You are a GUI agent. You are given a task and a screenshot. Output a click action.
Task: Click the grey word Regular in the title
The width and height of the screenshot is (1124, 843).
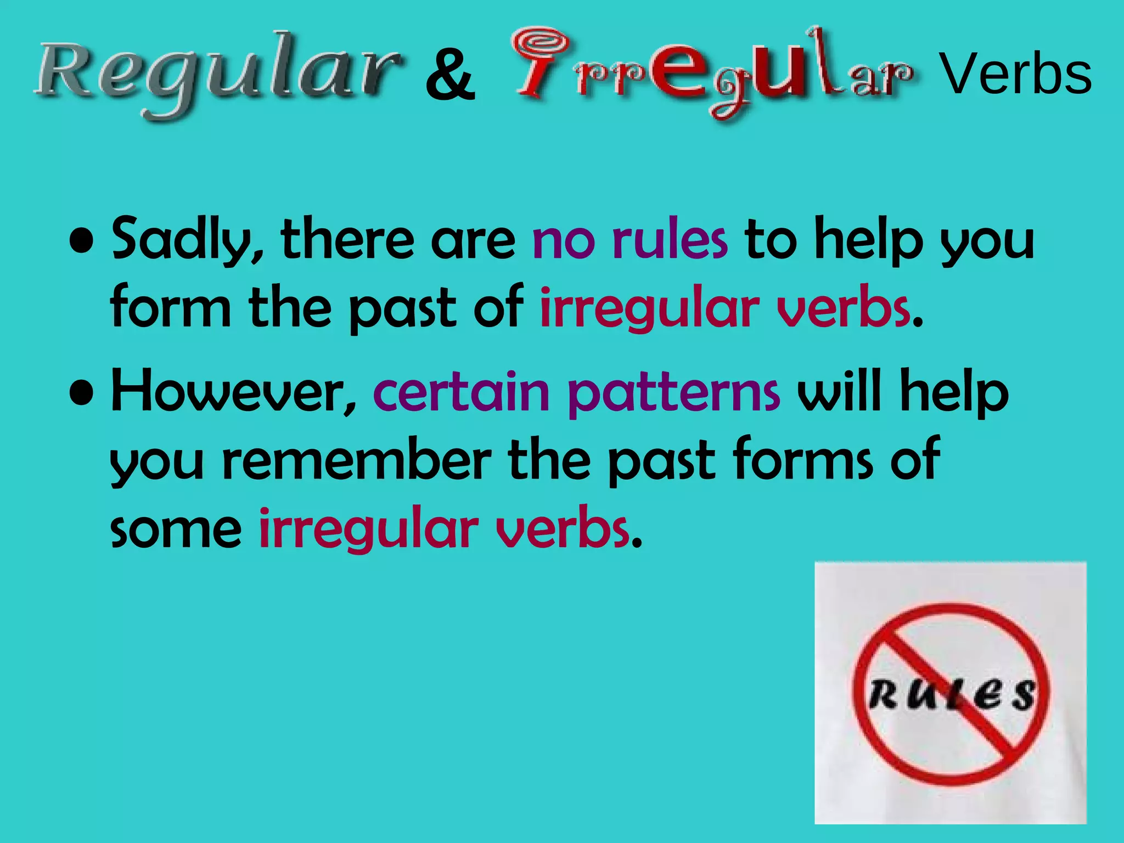click(217, 74)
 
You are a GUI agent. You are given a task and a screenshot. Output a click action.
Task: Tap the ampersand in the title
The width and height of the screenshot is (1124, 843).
click(450, 77)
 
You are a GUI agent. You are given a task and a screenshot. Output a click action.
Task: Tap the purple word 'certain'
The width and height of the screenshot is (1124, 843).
click(462, 391)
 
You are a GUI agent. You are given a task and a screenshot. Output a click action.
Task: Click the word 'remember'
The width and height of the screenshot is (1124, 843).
click(357, 460)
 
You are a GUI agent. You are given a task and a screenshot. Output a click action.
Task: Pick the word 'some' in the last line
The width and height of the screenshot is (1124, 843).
click(176, 529)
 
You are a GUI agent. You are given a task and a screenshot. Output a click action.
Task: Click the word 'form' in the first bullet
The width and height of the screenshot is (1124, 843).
click(171, 307)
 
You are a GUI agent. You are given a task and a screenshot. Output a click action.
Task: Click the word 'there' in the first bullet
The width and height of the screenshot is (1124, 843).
click(347, 239)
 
